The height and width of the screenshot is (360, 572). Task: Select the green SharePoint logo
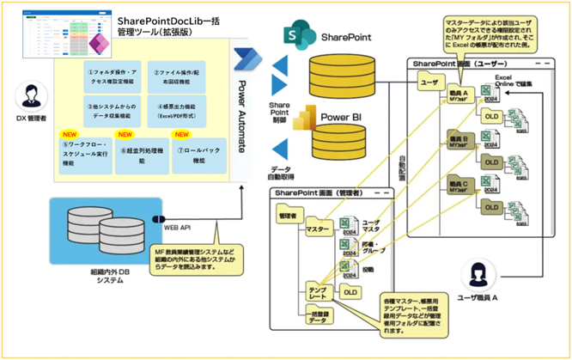coord(299,38)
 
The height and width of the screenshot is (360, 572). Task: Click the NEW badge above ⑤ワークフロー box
coord(68,134)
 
